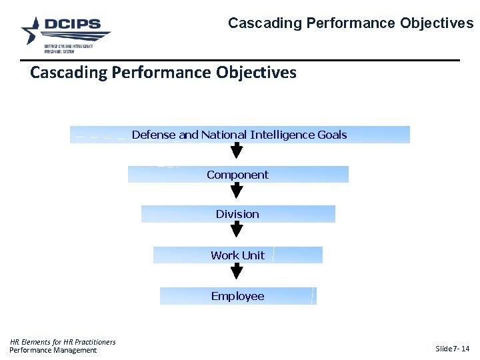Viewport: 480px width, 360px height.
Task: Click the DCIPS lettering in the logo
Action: point(73,25)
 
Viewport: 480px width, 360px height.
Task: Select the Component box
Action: point(238,175)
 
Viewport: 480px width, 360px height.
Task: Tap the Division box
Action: point(238,214)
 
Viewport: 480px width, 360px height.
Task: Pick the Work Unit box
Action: point(238,255)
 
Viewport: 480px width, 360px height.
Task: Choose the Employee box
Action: point(238,296)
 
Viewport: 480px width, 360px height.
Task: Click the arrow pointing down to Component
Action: point(237,151)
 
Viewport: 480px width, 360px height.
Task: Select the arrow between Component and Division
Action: point(237,191)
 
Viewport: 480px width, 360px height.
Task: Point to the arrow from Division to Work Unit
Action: point(237,231)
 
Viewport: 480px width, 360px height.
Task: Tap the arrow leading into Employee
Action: point(237,271)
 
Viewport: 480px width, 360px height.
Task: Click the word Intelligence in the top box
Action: point(282,135)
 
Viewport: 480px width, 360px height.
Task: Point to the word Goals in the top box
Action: point(332,135)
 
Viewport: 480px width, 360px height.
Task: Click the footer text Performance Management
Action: point(53,350)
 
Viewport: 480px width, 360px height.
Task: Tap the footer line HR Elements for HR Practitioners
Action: point(63,342)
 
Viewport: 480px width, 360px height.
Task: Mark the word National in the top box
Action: point(223,135)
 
